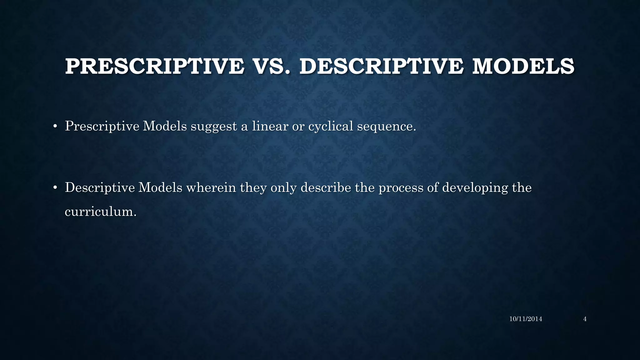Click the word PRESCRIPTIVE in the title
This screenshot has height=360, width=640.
pos(155,67)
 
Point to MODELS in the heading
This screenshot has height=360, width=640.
pos(523,67)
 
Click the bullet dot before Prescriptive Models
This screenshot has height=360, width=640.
pos(55,127)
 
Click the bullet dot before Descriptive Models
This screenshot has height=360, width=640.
pos(55,188)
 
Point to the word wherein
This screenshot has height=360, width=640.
pos(211,187)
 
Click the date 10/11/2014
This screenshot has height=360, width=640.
pos(526,319)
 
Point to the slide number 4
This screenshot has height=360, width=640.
pos(585,319)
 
